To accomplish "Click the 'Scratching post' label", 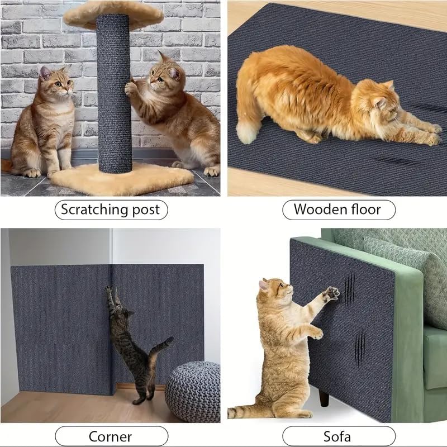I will tap(110, 210).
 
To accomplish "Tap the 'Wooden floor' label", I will tap(337, 210).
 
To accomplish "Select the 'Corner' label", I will tap(110, 436).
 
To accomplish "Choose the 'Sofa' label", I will tap(337, 436).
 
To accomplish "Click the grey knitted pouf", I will tap(193, 391).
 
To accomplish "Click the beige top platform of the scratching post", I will tap(112, 14).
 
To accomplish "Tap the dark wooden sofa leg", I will tap(324, 397).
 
